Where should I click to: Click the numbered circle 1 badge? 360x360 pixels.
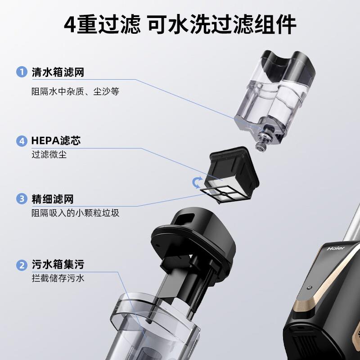coord(22,72)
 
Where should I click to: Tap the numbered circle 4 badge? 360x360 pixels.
coord(22,141)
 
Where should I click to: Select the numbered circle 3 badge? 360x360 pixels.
coord(22,199)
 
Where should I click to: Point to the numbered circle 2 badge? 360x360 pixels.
coord(22,265)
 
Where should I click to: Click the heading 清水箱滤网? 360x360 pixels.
coord(58,72)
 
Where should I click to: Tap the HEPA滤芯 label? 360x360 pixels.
coord(56,141)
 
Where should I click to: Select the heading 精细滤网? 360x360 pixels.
coord(53,199)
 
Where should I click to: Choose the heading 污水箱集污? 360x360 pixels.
coord(58,265)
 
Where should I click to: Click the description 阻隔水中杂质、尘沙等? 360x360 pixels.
coord(75,91)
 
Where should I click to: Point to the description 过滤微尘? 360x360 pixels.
coord(49,154)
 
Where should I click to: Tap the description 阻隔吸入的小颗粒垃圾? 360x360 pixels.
coord(75,213)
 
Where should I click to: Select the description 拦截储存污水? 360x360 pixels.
coord(58,278)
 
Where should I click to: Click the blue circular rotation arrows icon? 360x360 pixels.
coord(197,183)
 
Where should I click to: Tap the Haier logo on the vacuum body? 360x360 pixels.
coord(336,248)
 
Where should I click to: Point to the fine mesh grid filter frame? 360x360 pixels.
coord(225,195)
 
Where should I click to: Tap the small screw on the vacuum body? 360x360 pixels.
coord(310,287)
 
